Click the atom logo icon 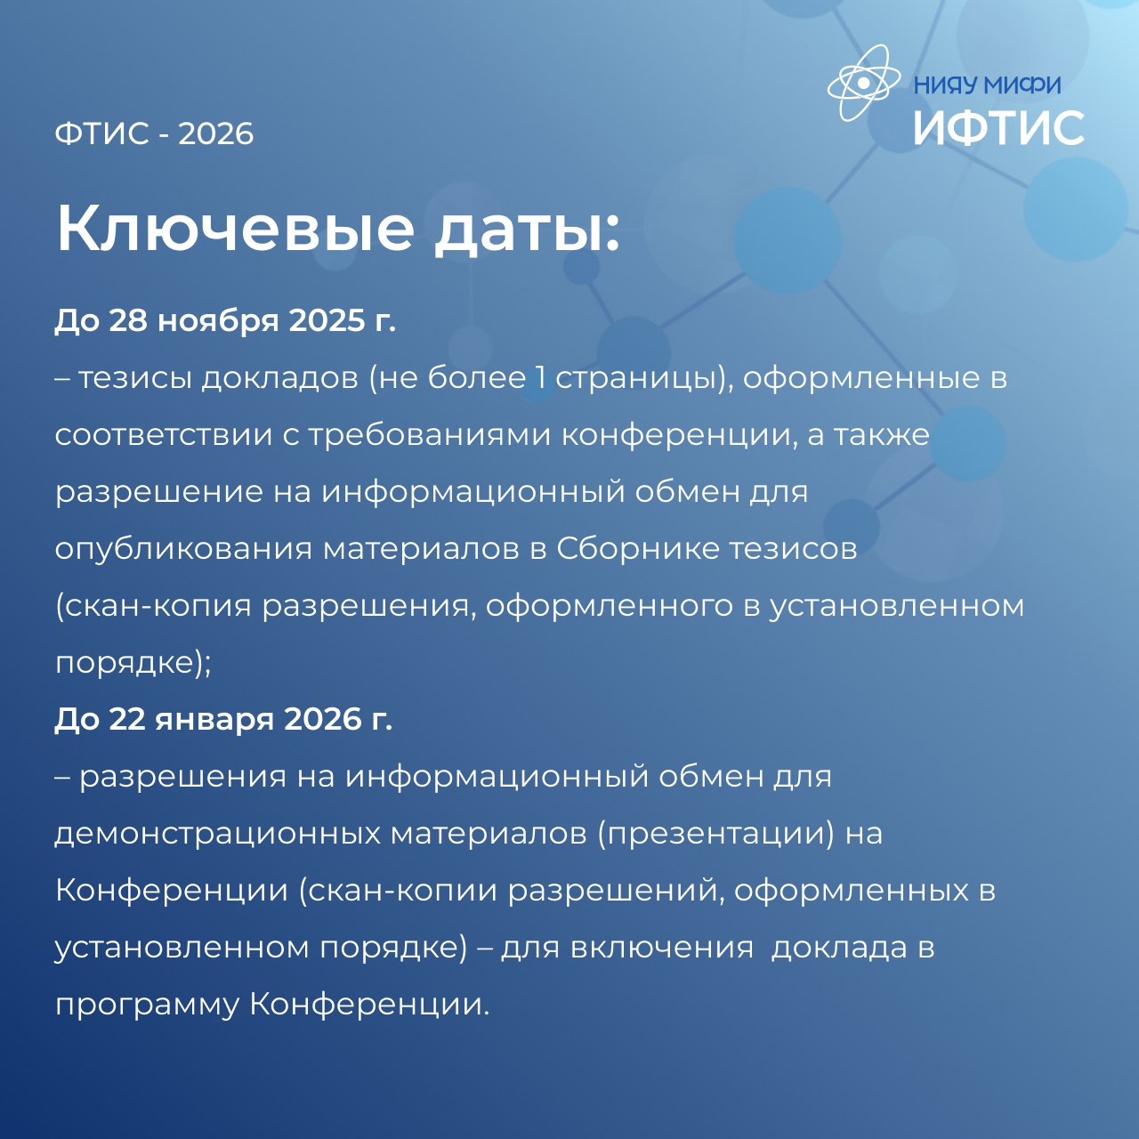pyautogui.click(x=863, y=83)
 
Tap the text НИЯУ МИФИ pyautogui.click(x=988, y=85)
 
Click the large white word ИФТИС pyautogui.click(x=999, y=127)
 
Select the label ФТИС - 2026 pyautogui.click(x=154, y=133)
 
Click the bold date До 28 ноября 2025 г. pyautogui.click(x=225, y=321)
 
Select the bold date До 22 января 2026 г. pyautogui.click(x=223, y=719)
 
